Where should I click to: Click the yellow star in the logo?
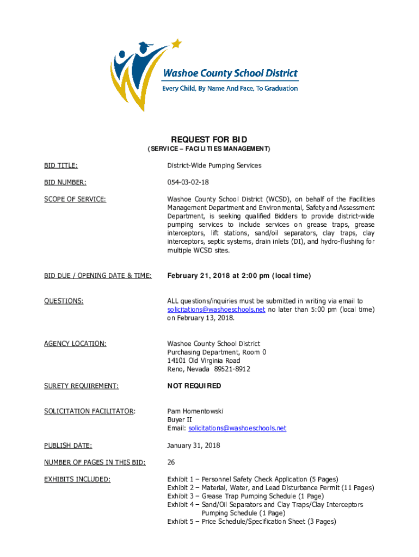[x=176, y=43]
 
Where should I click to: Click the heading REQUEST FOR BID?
[x=209, y=140]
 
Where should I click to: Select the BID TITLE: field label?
[x=61, y=165]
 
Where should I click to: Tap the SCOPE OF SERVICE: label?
[x=75, y=200]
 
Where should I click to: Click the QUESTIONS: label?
[x=64, y=301]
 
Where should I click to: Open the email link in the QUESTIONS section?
[x=216, y=310]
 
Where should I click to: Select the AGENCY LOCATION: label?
[x=75, y=344]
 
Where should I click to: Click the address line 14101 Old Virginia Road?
[x=204, y=361]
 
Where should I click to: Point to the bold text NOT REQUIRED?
[x=194, y=386]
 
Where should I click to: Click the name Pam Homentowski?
[x=195, y=411]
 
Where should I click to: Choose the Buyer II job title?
[x=179, y=420]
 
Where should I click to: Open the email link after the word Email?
[x=237, y=429]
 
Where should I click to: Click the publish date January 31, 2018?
[x=193, y=445]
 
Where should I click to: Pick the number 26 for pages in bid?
[x=171, y=463]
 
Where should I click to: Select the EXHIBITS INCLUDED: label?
[x=77, y=479]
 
